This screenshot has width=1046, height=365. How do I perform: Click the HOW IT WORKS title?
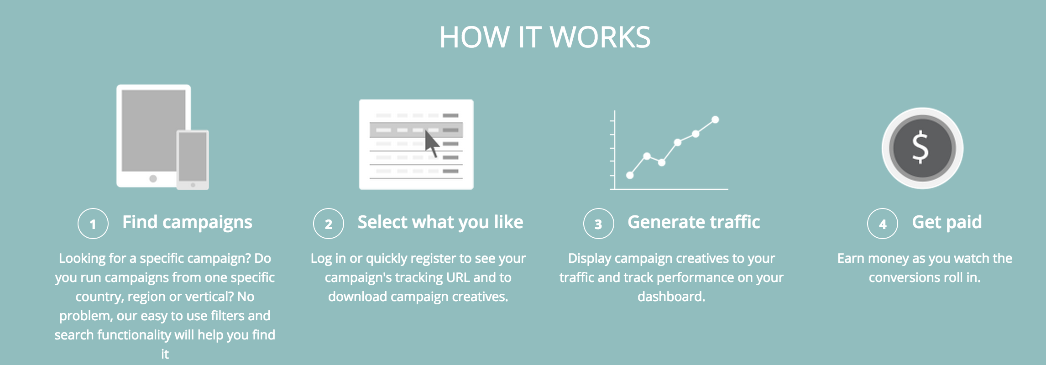(545, 37)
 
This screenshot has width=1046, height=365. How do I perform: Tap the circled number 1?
(93, 224)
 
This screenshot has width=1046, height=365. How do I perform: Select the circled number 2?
(329, 224)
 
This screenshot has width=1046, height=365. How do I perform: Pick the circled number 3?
(598, 224)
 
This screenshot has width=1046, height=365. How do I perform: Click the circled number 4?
(883, 224)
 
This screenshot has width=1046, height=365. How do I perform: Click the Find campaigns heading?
(187, 223)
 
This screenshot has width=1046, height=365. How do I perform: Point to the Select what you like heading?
(440, 222)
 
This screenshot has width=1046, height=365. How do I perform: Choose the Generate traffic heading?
(694, 222)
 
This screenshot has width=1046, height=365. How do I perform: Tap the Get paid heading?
(947, 223)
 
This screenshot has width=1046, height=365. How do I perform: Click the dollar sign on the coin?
(920, 147)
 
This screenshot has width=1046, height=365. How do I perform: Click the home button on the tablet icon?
(153, 179)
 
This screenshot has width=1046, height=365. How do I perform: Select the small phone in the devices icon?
(193, 160)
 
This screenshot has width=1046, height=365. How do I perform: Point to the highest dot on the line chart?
(715, 120)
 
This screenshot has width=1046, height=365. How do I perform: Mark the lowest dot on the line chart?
(630, 175)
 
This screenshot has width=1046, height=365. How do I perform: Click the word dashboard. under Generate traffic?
(671, 297)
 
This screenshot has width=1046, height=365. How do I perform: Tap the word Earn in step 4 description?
(851, 258)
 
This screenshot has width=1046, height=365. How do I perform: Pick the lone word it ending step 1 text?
(165, 354)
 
